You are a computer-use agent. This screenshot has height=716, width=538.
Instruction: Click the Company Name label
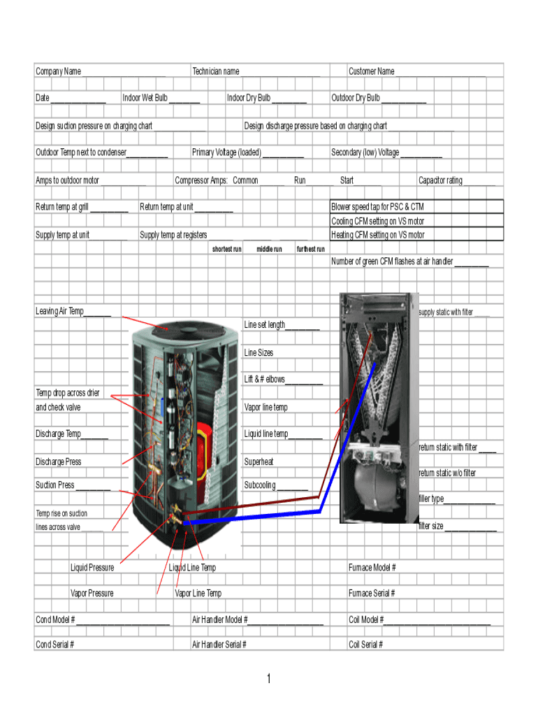(x=59, y=71)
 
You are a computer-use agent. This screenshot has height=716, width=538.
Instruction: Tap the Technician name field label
(x=216, y=71)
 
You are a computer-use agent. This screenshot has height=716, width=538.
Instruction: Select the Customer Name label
(x=372, y=71)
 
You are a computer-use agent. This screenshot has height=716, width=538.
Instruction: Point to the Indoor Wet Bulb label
(x=145, y=98)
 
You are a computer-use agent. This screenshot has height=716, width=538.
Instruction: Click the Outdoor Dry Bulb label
(x=356, y=98)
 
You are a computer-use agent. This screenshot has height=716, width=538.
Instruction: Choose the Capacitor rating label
(x=440, y=180)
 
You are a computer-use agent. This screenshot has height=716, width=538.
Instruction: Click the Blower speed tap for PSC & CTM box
(x=416, y=207)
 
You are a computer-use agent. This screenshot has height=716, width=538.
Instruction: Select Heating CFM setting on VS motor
(x=378, y=235)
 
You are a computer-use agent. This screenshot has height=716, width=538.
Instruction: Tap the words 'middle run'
(x=269, y=249)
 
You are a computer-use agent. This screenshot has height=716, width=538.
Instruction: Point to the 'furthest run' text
(x=311, y=249)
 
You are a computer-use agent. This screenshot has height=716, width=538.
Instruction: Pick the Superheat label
(x=259, y=461)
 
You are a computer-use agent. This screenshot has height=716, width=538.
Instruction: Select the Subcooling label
(x=260, y=485)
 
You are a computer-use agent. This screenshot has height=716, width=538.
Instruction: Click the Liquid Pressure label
(x=92, y=568)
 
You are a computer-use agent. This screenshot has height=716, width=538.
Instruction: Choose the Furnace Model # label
(x=372, y=568)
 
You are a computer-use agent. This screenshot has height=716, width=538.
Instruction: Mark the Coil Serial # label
(x=366, y=645)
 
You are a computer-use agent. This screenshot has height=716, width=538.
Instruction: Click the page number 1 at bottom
(x=268, y=679)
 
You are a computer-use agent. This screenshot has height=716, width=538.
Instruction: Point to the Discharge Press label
(x=59, y=461)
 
